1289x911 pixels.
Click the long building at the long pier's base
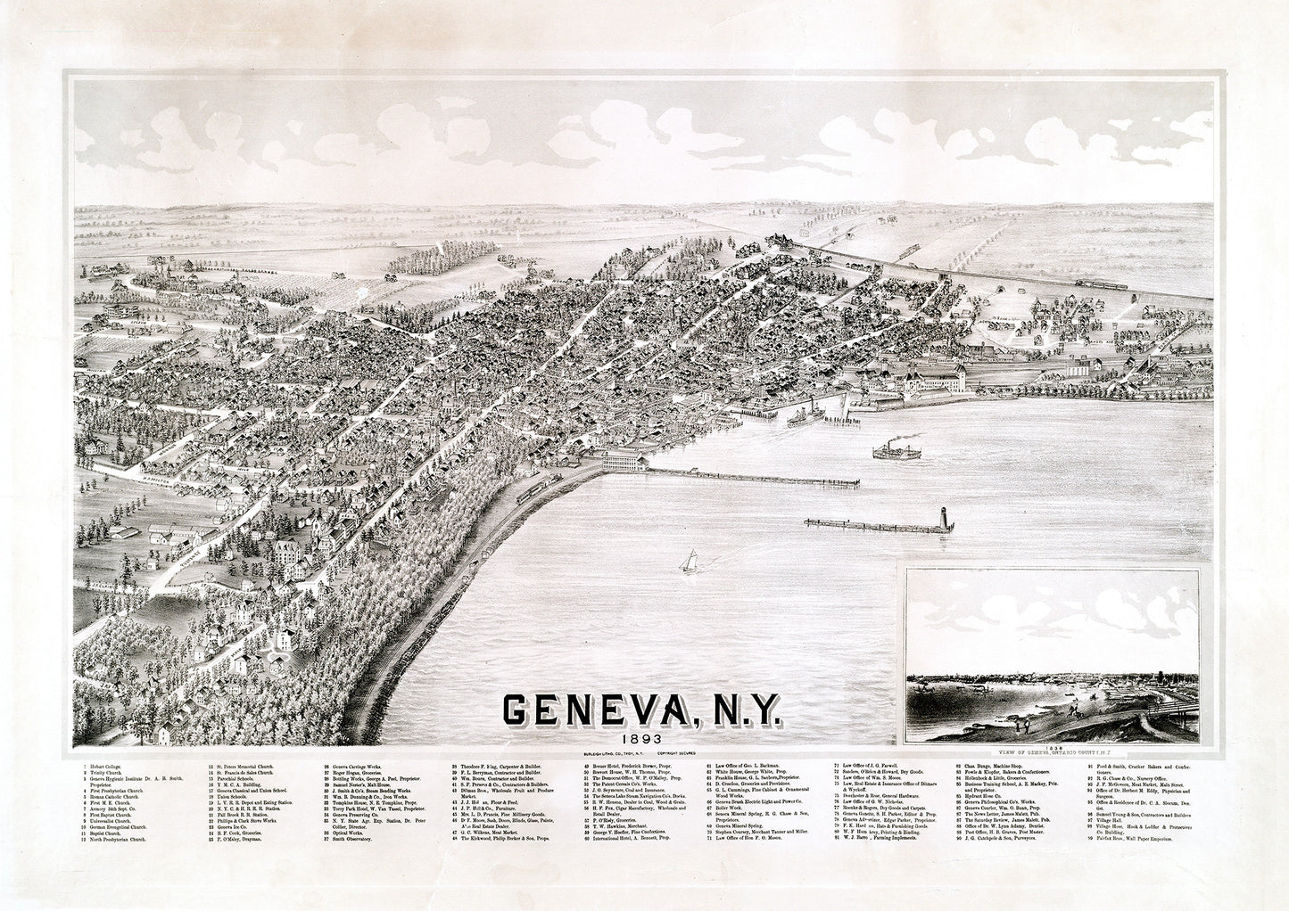[625, 463]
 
